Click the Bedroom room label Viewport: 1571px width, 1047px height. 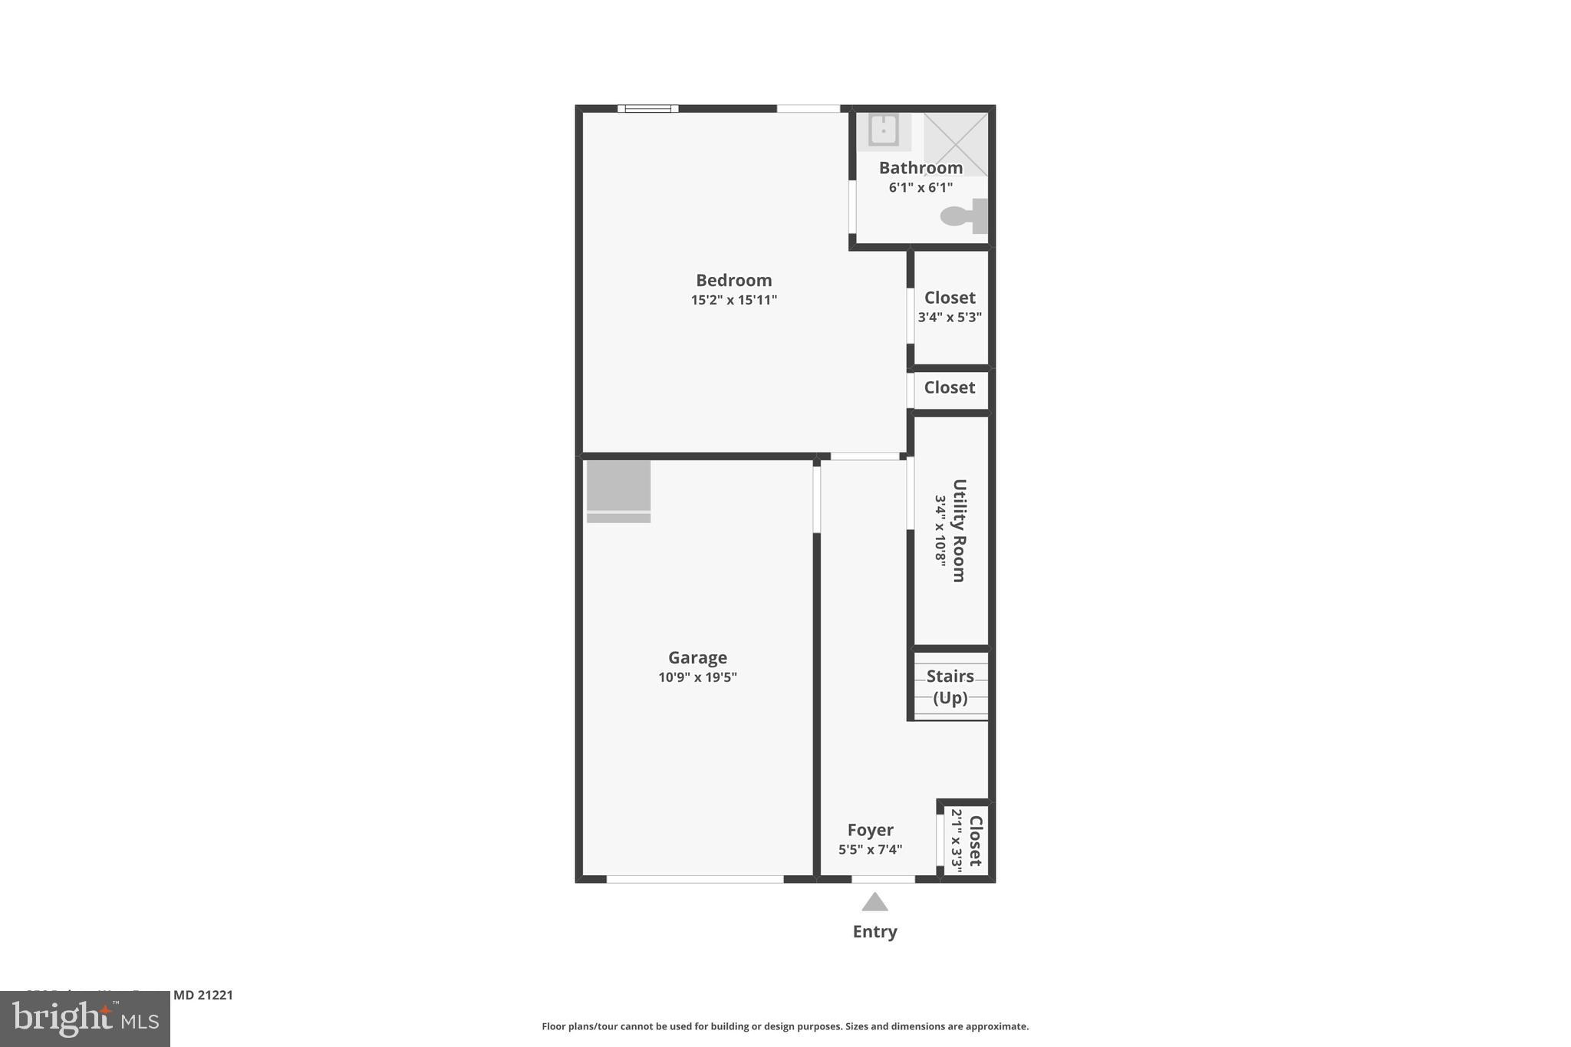[733, 281]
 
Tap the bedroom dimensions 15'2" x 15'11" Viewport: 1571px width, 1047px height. [733, 300]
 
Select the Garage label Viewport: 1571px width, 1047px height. [697, 658]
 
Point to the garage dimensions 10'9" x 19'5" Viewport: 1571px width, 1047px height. [697, 677]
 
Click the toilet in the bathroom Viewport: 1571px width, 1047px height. [963, 216]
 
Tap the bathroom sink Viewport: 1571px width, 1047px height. [883, 130]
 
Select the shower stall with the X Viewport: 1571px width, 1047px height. [955, 144]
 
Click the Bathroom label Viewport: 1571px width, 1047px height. [921, 168]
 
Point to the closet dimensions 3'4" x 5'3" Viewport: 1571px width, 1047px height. [950, 318]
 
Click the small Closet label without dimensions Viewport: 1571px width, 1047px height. [950, 388]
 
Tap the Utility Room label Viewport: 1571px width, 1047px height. [959, 531]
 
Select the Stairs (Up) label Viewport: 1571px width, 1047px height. [950, 686]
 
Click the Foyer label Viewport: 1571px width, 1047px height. [870, 830]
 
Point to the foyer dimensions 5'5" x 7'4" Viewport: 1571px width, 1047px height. [870, 850]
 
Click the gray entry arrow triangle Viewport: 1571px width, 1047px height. [874, 902]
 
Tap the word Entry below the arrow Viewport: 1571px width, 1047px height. [874, 932]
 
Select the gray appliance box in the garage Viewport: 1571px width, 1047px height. [618, 487]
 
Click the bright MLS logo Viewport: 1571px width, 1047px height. [85, 1019]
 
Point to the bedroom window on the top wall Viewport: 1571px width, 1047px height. [647, 109]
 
